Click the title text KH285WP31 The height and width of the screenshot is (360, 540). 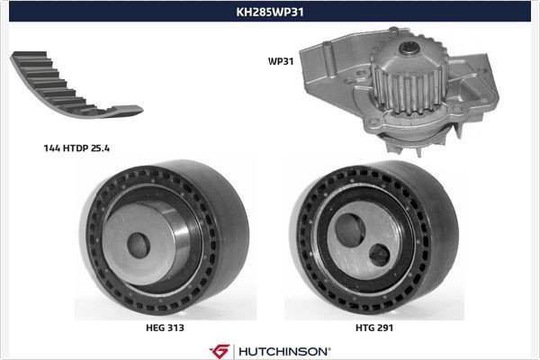click(269, 13)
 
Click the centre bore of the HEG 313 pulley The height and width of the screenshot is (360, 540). click(137, 244)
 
